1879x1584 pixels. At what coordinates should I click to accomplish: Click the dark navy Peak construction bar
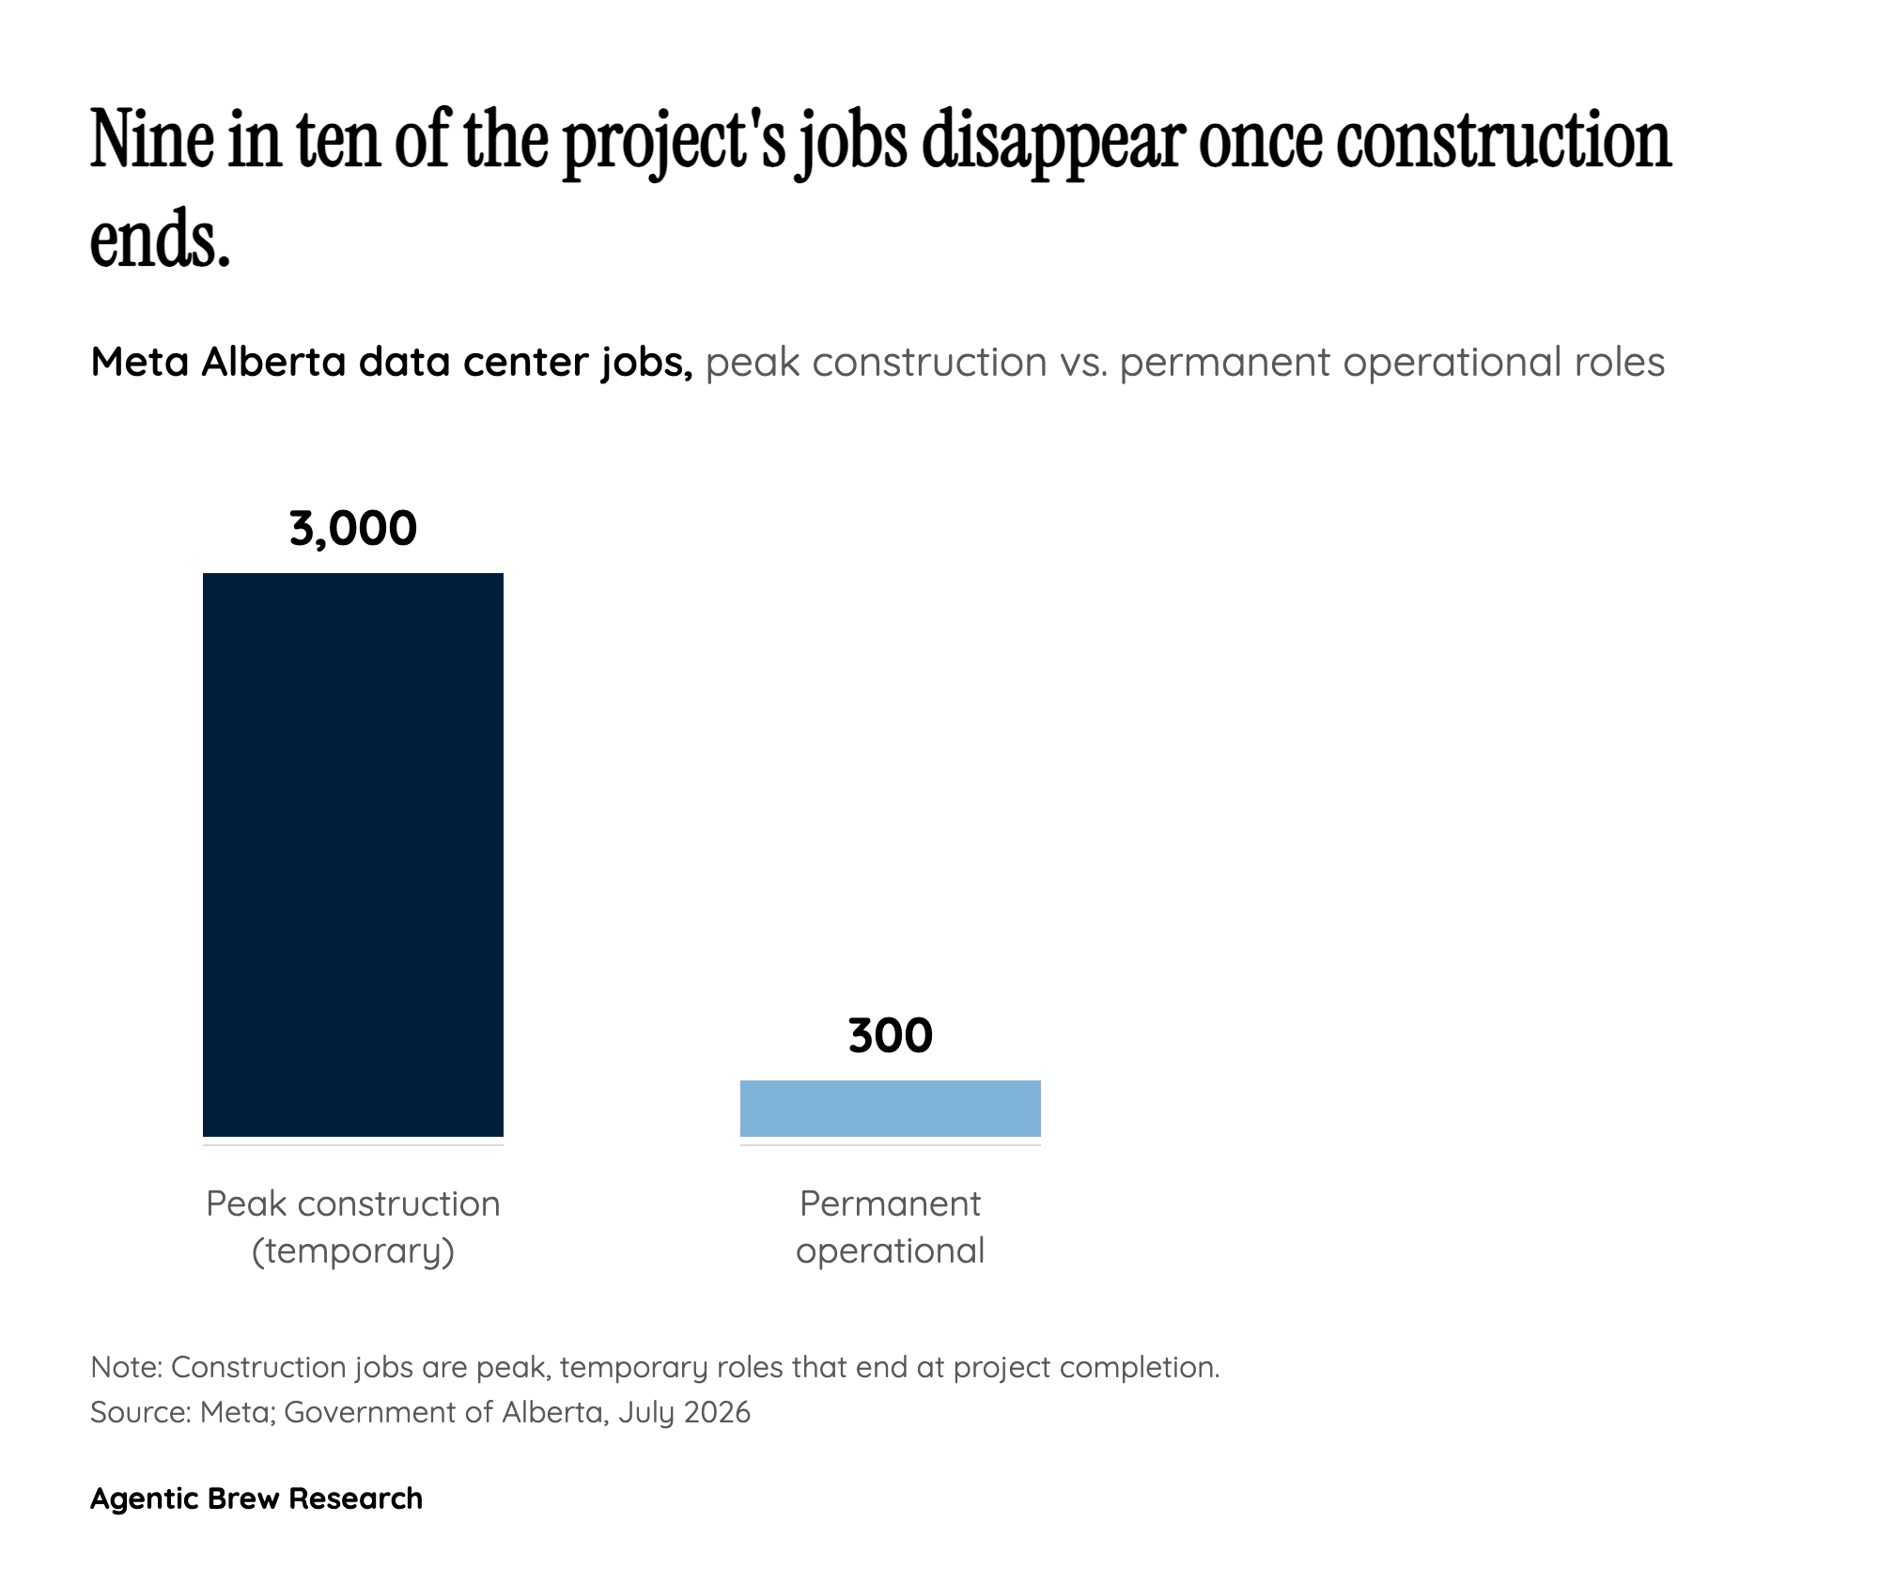coord(353,854)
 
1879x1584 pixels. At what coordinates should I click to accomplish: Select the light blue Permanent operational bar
coord(891,1109)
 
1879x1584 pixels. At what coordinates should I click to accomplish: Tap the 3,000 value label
coord(353,529)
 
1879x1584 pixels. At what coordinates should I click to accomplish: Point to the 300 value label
coord(891,1036)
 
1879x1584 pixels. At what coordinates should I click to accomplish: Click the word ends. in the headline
coord(161,240)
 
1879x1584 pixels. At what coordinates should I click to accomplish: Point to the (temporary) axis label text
coord(353,1251)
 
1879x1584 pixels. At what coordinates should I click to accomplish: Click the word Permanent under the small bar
coord(891,1204)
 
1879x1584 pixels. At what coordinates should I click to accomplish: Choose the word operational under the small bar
coord(891,1251)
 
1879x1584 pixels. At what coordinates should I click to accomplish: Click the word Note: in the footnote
coord(126,1367)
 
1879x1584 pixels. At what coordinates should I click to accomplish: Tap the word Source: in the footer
coord(140,1413)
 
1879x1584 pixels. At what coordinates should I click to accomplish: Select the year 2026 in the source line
coord(717,1413)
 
